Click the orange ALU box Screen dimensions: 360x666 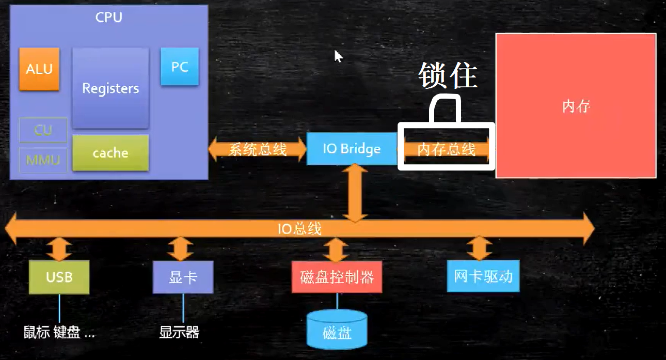point(39,69)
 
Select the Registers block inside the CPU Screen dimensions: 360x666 point(110,88)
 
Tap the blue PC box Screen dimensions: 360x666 point(180,67)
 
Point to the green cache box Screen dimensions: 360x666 point(110,153)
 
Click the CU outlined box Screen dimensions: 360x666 point(43,130)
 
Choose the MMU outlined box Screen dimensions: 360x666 point(43,160)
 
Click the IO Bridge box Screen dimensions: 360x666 point(352,149)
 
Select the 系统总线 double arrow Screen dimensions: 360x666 point(257,149)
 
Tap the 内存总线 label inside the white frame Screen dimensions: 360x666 point(446,150)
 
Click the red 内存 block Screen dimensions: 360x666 point(576,106)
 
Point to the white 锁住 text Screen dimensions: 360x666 point(447,76)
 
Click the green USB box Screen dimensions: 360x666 point(59,277)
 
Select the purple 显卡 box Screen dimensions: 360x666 point(183,277)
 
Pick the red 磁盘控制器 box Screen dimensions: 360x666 point(337,277)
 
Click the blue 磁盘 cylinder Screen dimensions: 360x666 point(337,330)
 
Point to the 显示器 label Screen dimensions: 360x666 point(179,332)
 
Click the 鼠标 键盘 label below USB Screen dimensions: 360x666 point(59,332)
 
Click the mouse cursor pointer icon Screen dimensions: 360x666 point(338,56)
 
